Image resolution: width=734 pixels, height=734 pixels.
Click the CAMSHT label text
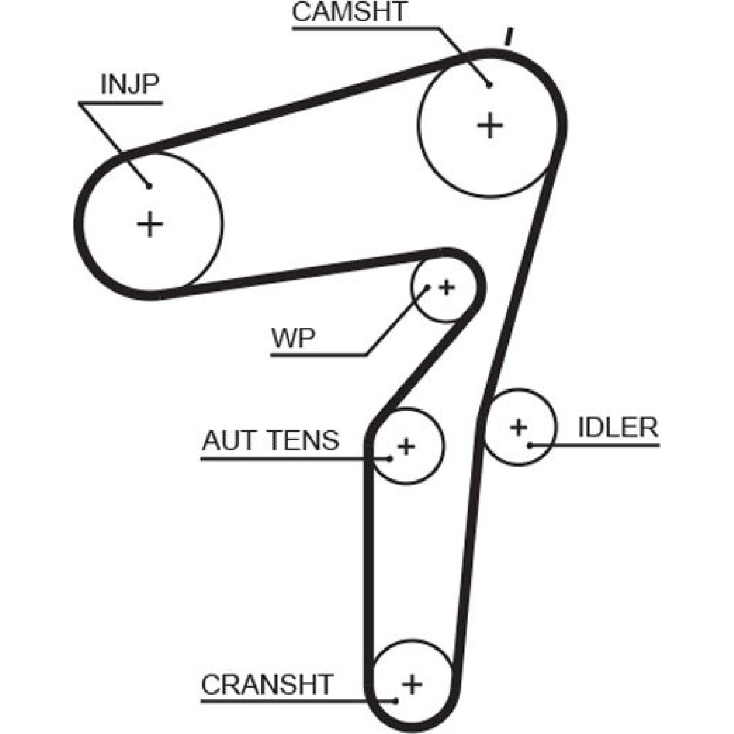(x=349, y=12)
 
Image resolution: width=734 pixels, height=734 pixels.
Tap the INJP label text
(x=130, y=83)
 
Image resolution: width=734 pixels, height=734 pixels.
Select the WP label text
(x=294, y=338)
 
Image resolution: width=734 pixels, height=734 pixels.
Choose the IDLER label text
(x=618, y=427)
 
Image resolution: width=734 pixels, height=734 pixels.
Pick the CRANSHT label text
(x=267, y=684)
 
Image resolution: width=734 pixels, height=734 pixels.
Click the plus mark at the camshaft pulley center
(x=490, y=125)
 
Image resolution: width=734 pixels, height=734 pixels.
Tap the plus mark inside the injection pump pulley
(x=150, y=224)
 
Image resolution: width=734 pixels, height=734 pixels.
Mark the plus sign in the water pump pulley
(x=446, y=288)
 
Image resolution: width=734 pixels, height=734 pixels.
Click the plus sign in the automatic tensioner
(x=406, y=446)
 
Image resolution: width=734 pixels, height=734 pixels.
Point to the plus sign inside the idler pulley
(x=519, y=428)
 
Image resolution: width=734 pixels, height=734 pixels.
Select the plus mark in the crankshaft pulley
(x=412, y=684)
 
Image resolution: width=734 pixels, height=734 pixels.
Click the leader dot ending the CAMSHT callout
(x=489, y=85)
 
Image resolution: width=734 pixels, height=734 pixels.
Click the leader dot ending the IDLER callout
(x=529, y=445)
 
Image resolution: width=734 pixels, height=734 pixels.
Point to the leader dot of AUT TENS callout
(x=390, y=458)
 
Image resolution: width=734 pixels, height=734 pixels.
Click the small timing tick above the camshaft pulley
(x=508, y=37)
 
